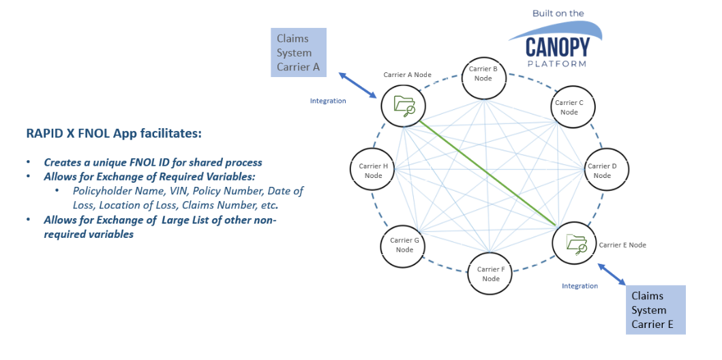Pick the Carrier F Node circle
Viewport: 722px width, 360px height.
click(x=490, y=274)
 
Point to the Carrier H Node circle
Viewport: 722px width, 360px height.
click(x=373, y=170)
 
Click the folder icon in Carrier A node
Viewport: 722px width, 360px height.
click(x=404, y=106)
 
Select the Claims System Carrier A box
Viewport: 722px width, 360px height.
click(x=298, y=52)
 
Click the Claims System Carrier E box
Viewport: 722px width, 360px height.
click(x=655, y=310)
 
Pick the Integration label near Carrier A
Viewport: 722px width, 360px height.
click(x=328, y=101)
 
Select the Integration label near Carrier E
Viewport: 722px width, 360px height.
click(x=580, y=286)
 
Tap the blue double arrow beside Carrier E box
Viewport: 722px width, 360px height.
click(x=612, y=273)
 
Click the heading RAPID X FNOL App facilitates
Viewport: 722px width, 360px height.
click(x=114, y=134)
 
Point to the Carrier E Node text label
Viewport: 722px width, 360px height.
click(x=622, y=245)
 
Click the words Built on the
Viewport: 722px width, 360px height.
click(x=559, y=14)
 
